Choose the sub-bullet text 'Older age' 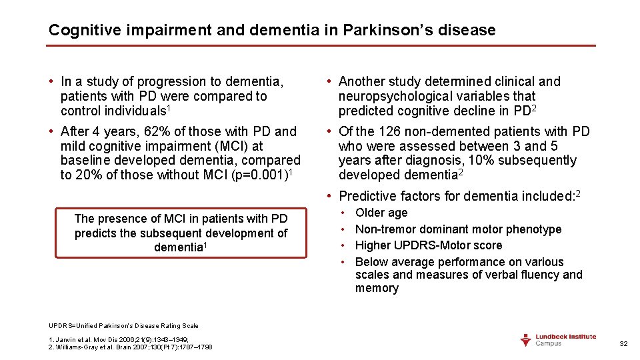point(381,213)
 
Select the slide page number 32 point(623,343)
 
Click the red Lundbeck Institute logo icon point(526,340)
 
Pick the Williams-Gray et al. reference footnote point(131,347)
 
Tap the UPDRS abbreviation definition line point(123,326)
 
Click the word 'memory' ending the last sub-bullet point(377,288)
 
